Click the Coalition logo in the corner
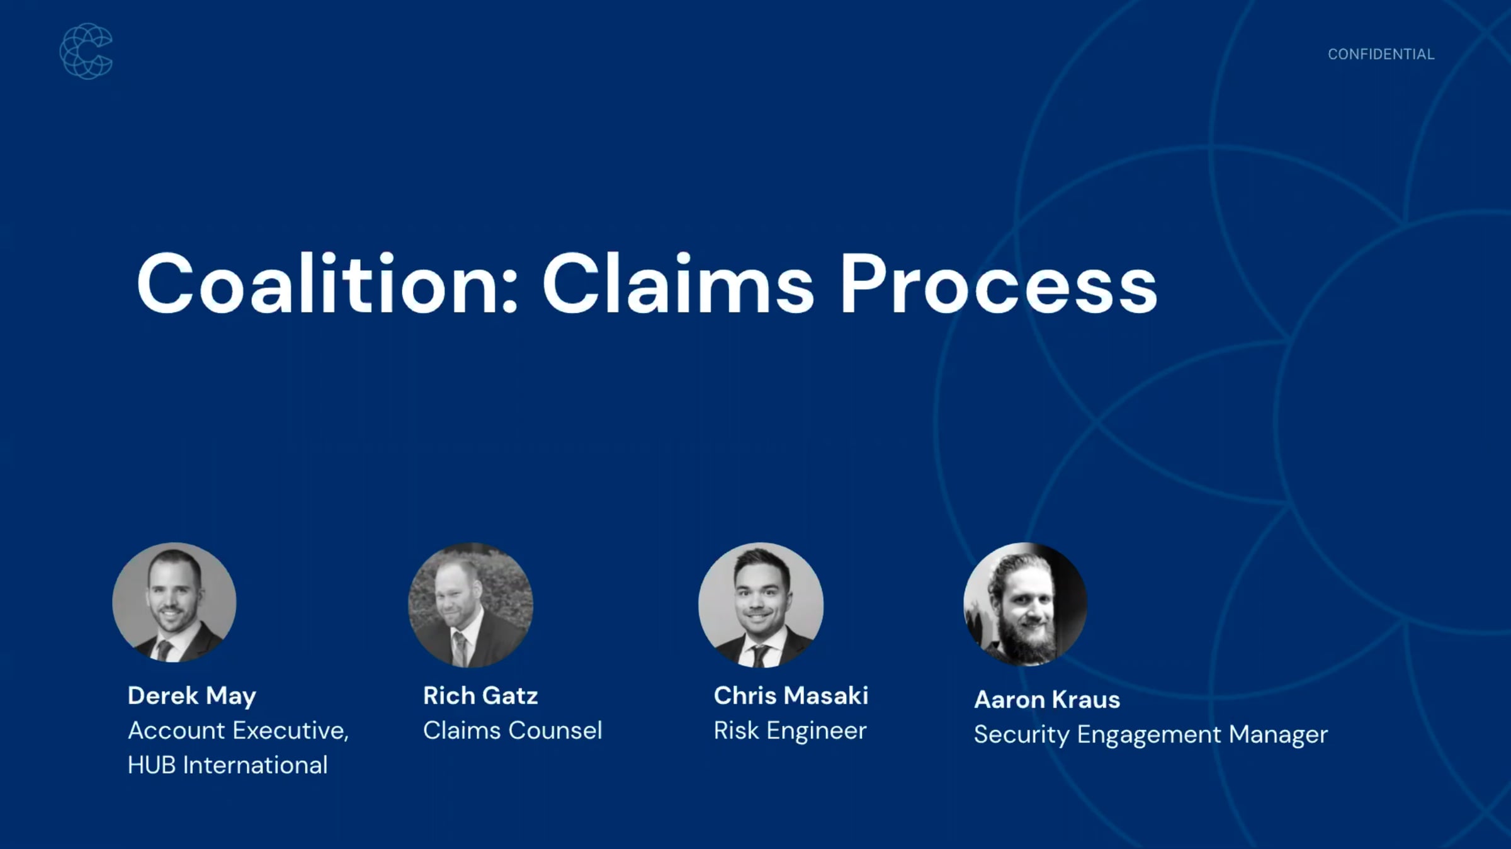[86, 51]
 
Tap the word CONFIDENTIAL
[1381, 55]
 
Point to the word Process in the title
[999, 283]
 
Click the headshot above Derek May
[174, 602]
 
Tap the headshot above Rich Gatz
[470, 604]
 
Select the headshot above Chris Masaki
[761, 604]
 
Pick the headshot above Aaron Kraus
[1025, 603]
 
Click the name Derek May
[192, 696]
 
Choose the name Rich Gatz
[480, 695]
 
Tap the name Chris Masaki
[791, 695]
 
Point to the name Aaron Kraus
[1047, 699]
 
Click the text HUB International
[227, 765]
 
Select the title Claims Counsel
[512, 731]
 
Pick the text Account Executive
[238, 731]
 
